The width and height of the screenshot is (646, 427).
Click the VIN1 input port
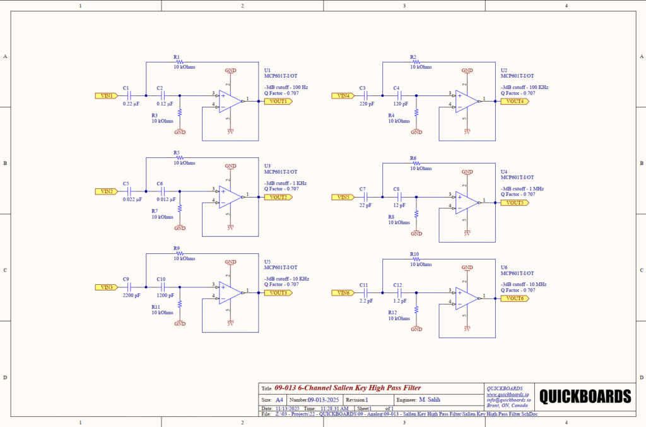106,96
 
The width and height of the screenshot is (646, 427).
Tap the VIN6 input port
343,292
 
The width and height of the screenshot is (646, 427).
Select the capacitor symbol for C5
129,191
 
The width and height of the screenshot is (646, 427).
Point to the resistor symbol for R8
416,214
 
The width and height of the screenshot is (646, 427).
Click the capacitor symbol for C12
399,292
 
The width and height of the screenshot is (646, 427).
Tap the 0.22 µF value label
131,104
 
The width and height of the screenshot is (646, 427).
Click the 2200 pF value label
132,295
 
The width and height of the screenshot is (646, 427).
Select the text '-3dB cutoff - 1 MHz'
522,188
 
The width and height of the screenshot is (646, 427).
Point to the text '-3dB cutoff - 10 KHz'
286,279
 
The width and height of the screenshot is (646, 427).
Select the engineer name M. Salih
431,400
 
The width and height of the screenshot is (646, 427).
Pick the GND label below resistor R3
180,132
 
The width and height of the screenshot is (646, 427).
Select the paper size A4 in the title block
279,400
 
